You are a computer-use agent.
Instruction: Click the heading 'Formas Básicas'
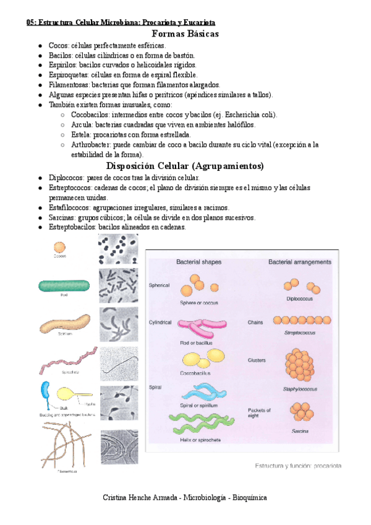point(185,34)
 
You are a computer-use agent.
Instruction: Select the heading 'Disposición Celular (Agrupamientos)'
point(185,166)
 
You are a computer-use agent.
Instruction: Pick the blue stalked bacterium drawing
point(46,393)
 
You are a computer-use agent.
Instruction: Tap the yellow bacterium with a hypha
point(69,394)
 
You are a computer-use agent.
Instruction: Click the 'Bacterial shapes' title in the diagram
point(198,262)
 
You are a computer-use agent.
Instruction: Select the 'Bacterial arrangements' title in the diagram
point(300,262)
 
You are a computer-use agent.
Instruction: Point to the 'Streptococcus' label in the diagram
point(299,332)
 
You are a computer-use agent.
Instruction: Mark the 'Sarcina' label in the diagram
point(299,430)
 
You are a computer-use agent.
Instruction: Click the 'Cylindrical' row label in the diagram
point(161,323)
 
